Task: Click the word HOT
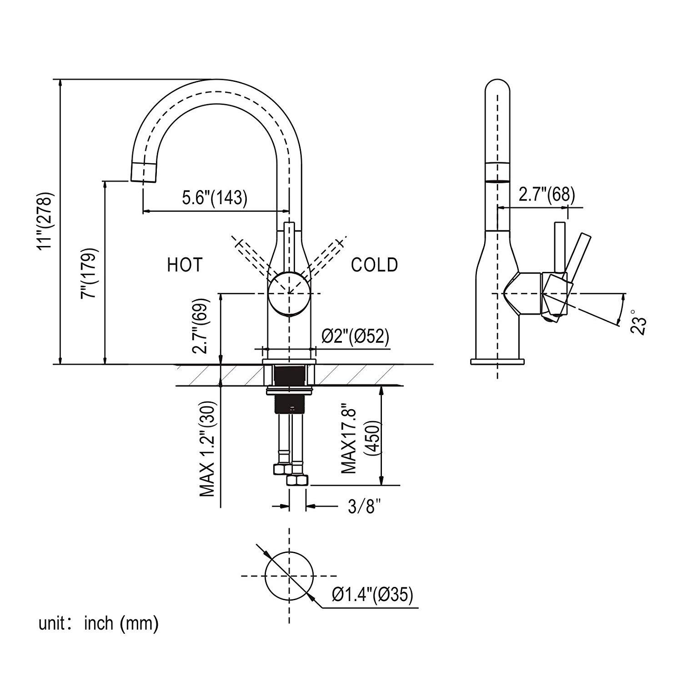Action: pos(185,265)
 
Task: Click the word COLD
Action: pos(374,265)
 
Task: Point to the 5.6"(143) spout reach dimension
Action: pos(215,198)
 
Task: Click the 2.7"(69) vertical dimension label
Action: pos(201,326)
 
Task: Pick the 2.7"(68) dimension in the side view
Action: pos(547,195)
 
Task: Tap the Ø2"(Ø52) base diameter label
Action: pos(356,336)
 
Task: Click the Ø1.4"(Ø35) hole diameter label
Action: pos(372,595)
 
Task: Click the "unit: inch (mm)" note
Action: pos(98,623)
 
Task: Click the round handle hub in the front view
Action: pos(289,294)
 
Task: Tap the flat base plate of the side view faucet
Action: pos(497,362)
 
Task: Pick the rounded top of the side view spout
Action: pos(497,86)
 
